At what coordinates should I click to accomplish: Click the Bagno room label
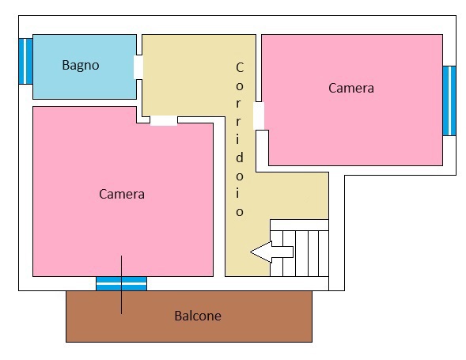[81, 66]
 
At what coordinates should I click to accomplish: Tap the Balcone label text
[198, 316]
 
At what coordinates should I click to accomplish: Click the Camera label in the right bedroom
[351, 88]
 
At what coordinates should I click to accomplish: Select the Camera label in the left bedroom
[122, 194]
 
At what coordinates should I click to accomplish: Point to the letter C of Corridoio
[240, 67]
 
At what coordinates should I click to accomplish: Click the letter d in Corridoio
[240, 157]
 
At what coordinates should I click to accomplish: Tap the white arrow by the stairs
[271, 252]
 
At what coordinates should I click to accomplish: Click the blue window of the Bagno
[25, 61]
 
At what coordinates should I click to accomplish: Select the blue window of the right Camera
[449, 100]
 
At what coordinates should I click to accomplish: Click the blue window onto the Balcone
[121, 283]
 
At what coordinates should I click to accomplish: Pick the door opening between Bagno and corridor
[138, 67]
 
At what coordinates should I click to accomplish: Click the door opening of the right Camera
[259, 116]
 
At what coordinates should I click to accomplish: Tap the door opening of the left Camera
[164, 120]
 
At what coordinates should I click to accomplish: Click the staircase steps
[300, 253]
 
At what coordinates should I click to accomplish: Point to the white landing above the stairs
[299, 225]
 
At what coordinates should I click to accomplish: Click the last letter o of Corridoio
[240, 212]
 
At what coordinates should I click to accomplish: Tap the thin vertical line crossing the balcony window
[121, 285]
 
